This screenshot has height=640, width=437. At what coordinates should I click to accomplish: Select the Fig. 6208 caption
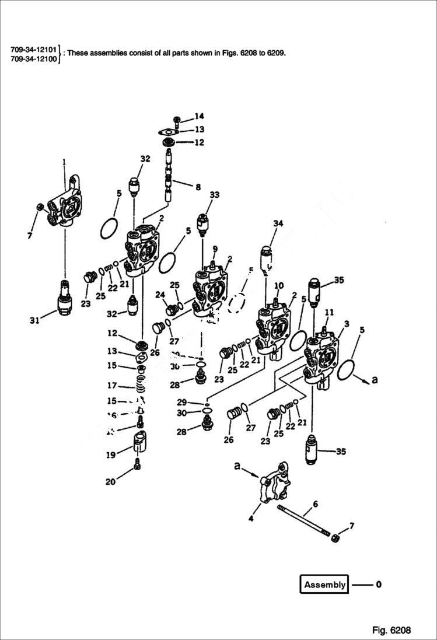(x=391, y=630)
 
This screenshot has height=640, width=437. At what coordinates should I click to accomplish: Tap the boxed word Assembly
(x=324, y=585)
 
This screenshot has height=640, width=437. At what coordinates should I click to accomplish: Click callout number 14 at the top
(x=200, y=116)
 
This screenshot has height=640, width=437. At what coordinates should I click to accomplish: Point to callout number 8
(x=198, y=187)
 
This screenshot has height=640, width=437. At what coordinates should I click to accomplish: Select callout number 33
(x=215, y=195)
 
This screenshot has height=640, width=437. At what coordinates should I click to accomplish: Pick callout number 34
(x=278, y=223)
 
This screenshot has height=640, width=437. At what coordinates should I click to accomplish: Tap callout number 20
(x=110, y=482)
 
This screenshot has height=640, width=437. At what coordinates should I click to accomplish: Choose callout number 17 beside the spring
(x=111, y=385)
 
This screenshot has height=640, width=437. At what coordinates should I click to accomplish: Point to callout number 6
(x=315, y=503)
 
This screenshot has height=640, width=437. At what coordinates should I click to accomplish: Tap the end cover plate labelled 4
(x=273, y=483)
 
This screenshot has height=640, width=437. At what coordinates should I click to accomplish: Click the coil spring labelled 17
(x=139, y=385)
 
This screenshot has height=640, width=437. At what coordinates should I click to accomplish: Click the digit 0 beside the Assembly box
(x=379, y=584)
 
